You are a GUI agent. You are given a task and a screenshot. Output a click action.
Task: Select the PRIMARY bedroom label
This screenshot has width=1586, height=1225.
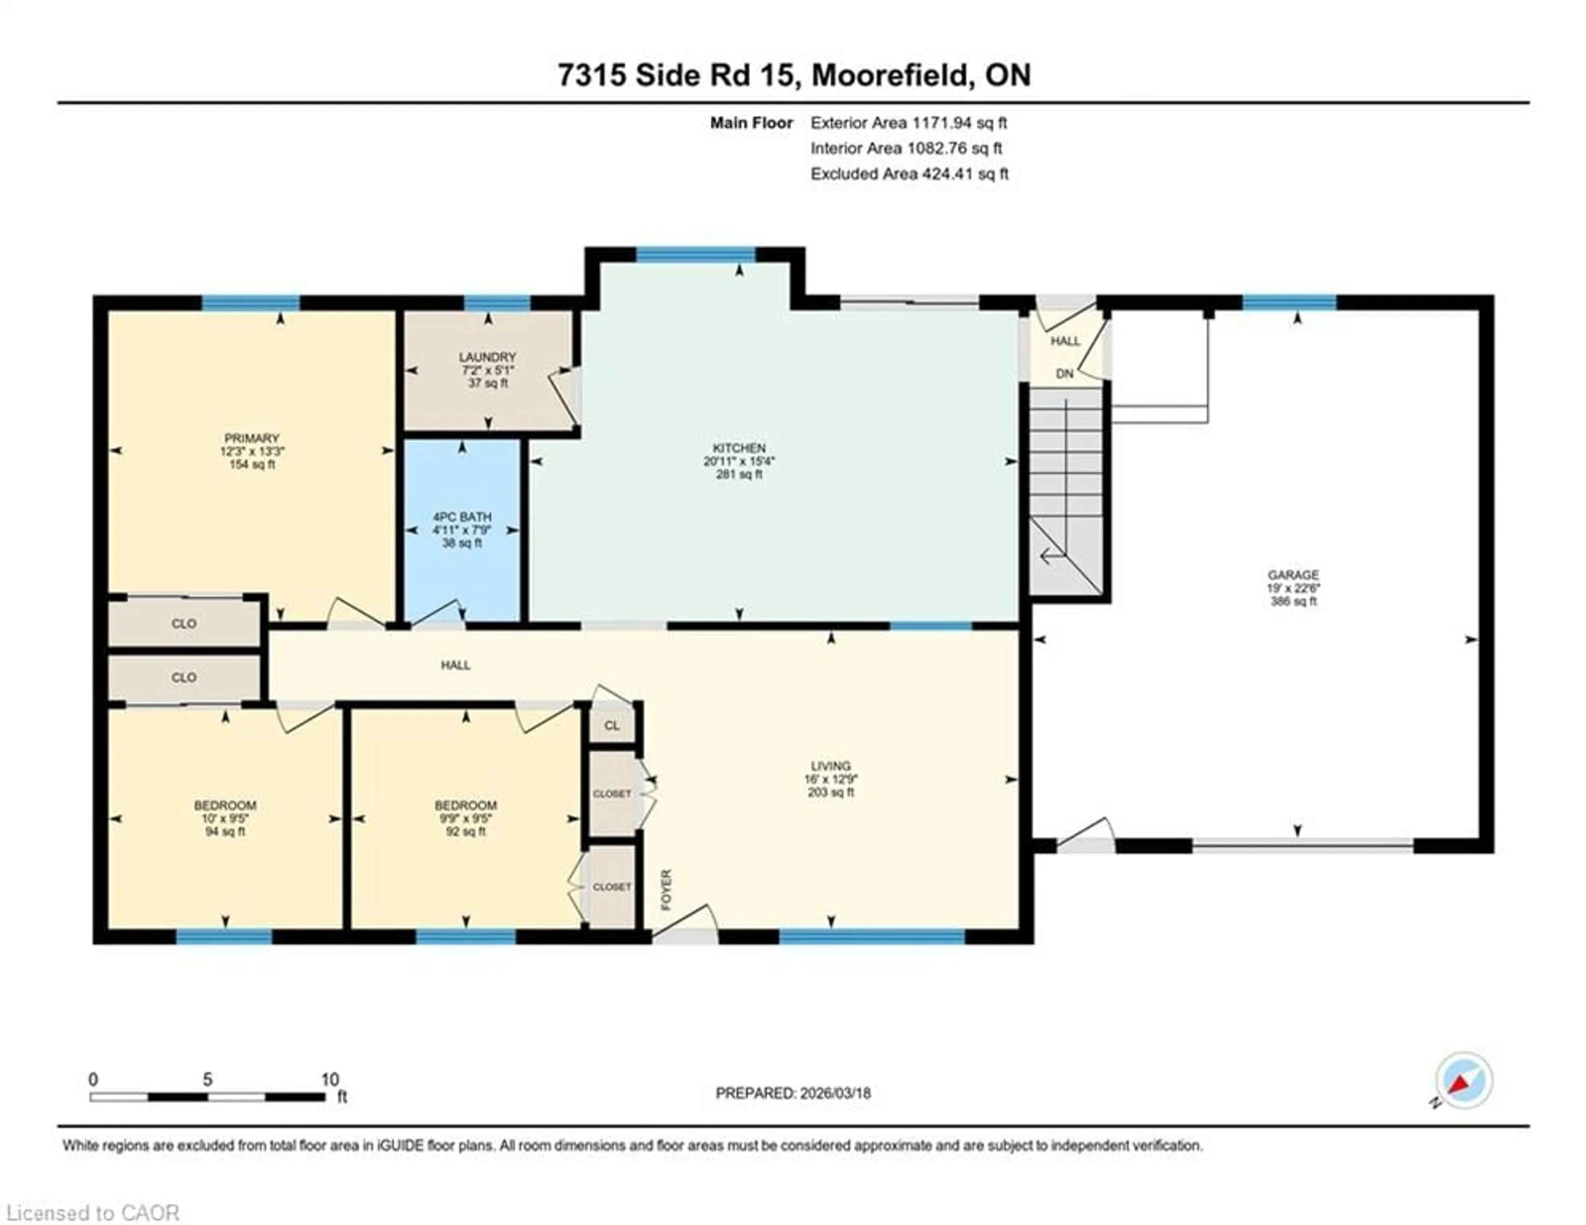[251, 438]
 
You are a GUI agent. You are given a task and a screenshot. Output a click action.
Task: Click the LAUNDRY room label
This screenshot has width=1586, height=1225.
[487, 357]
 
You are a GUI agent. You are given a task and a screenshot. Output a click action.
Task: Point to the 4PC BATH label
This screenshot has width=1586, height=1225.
[462, 517]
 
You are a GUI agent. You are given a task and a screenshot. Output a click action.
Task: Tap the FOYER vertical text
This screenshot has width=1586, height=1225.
[666, 889]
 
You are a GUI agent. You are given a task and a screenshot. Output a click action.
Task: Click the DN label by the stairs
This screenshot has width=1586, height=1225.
[1065, 374]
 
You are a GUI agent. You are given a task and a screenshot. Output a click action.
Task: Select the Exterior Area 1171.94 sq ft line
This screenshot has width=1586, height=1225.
[909, 123]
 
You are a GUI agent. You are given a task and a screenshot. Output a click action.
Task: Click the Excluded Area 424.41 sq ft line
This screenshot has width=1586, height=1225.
[909, 174]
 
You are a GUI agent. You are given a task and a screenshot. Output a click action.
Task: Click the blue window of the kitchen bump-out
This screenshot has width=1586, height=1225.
[696, 254]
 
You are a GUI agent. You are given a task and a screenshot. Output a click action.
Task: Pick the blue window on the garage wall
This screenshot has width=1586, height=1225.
[1289, 302]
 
